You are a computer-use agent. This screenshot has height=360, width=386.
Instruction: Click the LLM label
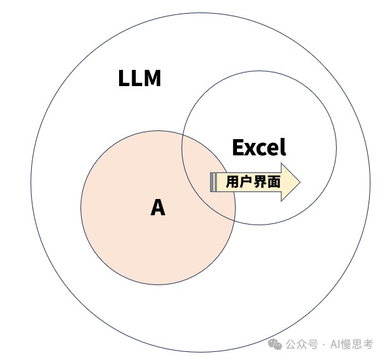(x=140, y=78)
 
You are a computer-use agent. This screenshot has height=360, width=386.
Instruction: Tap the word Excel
(x=259, y=147)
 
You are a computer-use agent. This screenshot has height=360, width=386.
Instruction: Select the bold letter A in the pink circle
(x=158, y=207)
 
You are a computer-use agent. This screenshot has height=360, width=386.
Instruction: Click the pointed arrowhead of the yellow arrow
(x=300, y=182)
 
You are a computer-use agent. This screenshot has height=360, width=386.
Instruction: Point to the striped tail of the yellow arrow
(x=213, y=182)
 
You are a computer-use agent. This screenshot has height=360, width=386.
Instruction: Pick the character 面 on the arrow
(x=274, y=182)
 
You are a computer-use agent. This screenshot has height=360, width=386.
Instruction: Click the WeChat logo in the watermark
(x=275, y=344)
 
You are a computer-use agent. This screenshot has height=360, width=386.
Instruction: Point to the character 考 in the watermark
(x=367, y=344)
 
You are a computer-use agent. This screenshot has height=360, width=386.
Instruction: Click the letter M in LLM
(x=152, y=78)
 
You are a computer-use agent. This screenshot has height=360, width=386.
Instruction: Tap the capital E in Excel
(x=238, y=147)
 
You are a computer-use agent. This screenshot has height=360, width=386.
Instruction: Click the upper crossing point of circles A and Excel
(x=183, y=134)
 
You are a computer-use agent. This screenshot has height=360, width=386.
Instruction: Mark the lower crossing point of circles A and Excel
(x=234, y=220)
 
